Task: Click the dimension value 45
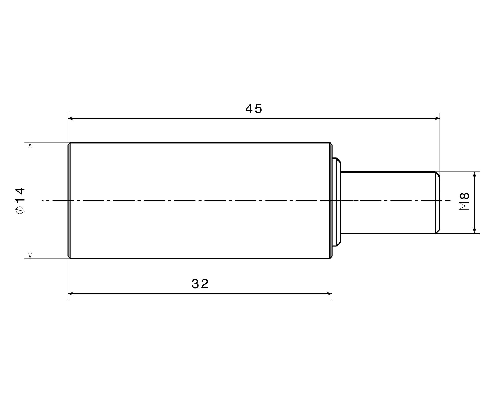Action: pyautogui.click(x=254, y=109)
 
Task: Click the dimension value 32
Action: pyautogui.click(x=200, y=284)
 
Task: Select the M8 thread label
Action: pyautogui.click(x=465, y=201)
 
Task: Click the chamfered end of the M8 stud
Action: pyautogui.click(x=438, y=203)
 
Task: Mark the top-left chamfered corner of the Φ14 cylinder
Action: pyautogui.click(x=69, y=144)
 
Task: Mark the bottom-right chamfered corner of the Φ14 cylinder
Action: pyautogui.click(x=331, y=257)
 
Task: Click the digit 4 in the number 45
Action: pyautogui.click(x=249, y=109)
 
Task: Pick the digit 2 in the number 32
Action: pyautogui.click(x=205, y=284)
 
